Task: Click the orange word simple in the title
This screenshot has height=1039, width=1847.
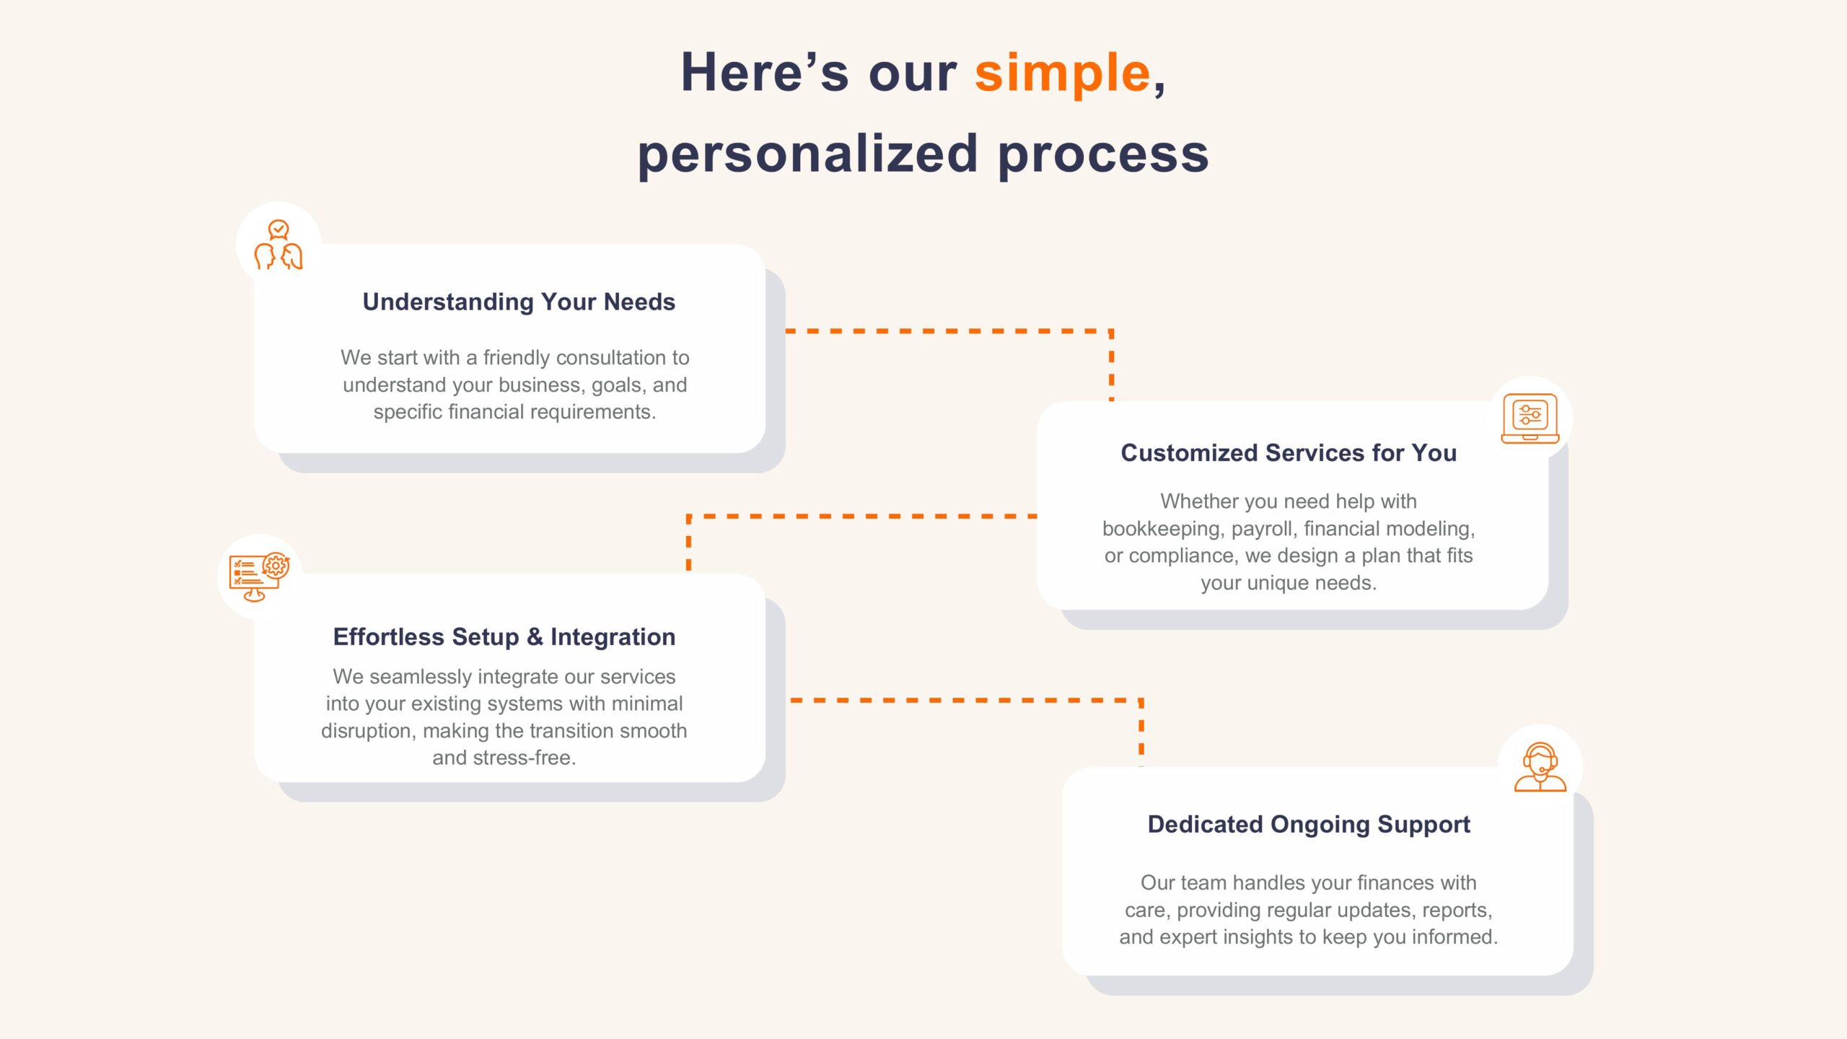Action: pos(1062,74)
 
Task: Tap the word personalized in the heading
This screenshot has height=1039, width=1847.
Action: pos(807,155)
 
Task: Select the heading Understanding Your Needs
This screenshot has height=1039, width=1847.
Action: pos(519,302)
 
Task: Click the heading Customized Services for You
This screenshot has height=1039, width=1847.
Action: pos(1289,452)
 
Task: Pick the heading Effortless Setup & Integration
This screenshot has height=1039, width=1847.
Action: pos(504,636)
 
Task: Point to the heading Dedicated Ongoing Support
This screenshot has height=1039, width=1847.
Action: pos(1309,824)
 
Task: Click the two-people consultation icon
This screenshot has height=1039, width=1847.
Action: pos(278,245)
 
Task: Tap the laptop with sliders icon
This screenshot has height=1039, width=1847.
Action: pos(1530,418)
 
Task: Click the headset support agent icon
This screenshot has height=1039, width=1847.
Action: pos(1540,767)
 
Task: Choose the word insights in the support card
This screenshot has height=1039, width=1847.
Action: pos(1254,937)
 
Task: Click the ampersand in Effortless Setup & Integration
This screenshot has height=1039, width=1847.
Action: pos(535,636)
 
